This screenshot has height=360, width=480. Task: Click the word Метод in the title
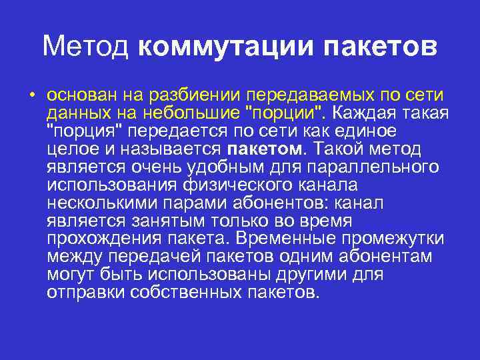pos(88,47)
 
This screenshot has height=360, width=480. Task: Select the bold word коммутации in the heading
pos(229,47)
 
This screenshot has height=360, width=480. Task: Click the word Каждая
pos(369,111)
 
